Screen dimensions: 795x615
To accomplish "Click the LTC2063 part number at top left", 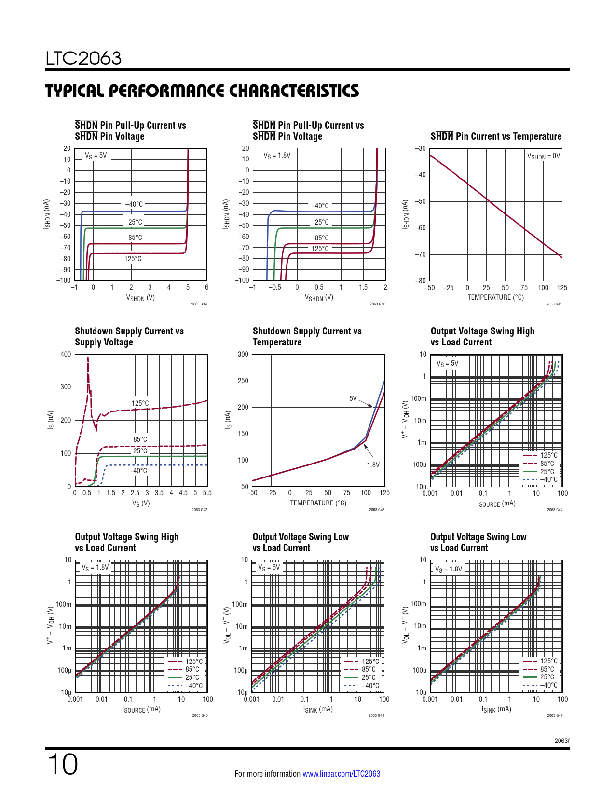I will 83,58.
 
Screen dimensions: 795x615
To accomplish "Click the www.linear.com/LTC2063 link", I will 341,774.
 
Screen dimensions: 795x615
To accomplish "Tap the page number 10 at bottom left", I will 62,765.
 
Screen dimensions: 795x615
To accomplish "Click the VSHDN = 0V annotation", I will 544,156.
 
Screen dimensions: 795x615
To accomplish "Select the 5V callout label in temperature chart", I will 353,398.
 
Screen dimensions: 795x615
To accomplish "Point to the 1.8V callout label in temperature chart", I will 373,465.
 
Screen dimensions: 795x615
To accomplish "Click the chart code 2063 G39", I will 199,304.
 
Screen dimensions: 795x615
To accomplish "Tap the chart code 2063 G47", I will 555,715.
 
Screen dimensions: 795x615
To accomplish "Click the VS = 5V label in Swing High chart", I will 447,363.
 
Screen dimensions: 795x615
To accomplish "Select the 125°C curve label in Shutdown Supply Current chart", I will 140,403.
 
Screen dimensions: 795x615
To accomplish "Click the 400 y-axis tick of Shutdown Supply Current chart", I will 66,354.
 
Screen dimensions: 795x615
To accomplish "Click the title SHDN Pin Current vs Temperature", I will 496,136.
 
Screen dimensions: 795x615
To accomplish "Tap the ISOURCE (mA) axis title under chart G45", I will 141,709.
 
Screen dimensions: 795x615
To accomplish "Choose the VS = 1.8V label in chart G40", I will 277,156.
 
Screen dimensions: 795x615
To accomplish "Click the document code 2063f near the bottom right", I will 561,741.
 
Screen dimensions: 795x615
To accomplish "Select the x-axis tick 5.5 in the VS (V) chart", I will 207,493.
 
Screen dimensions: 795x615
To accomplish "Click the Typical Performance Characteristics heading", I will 202,91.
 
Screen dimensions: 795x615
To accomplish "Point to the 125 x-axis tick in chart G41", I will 562,288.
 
